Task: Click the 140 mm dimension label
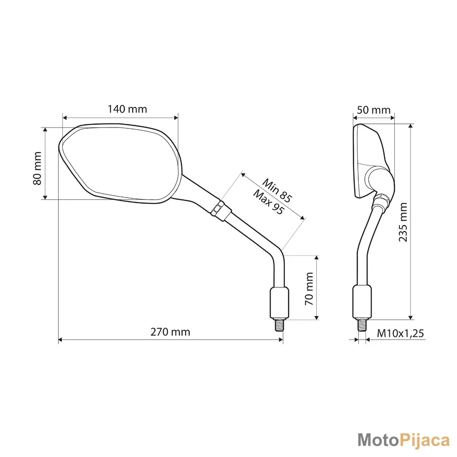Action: pos(128,109)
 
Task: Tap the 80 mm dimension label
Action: pos(37,169)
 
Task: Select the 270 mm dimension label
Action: pos(170,332)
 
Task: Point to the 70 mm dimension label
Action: pos(309,288)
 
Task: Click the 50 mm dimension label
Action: pos(374,110)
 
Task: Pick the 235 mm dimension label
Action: pos(403,222)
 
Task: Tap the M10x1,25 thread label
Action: pos(400,333)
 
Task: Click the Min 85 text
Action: pos(277,190)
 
